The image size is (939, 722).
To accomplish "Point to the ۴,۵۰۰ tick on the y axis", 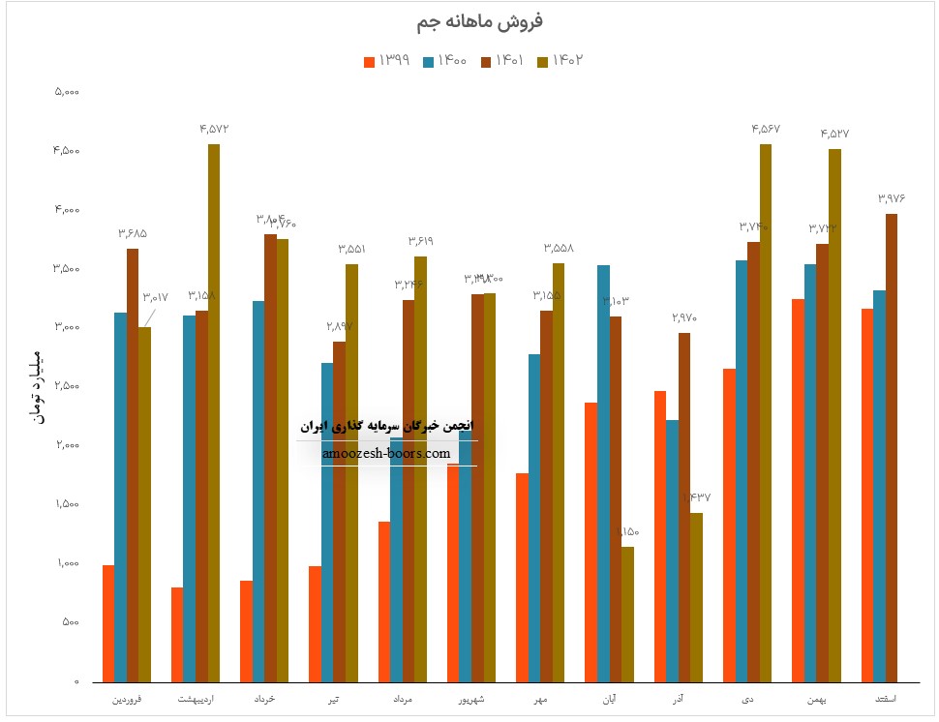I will pyautogui.click(x=66, y=151).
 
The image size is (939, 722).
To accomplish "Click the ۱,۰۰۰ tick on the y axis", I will pyautogui.click(x=66, y=563).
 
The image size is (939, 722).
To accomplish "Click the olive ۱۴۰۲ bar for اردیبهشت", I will pyautogui.click(x=214, y=412).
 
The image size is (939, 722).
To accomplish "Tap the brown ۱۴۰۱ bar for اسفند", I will pyautogui.click(x=892, y=447).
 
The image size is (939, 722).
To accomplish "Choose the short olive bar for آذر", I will pyautogui.click(x=696, y=596).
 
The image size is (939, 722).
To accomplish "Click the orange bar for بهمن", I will pyautogui.click(x=798, y=490).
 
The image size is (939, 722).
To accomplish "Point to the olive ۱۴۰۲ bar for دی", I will pyautogui.click(x=766, y=412).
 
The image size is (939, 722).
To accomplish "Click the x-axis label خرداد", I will pyautogui.click(x=264, y=698).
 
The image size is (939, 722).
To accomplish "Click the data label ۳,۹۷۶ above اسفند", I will pyautogui.click(x=892, y=197).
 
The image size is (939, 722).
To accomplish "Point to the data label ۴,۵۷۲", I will pyautogui.click(x=214, y=129).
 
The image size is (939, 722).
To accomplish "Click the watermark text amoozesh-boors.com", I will pyautogui.click(x=386, y=453).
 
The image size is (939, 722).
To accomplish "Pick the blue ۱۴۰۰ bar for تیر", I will pyautogui.click(x=327, y=522).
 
